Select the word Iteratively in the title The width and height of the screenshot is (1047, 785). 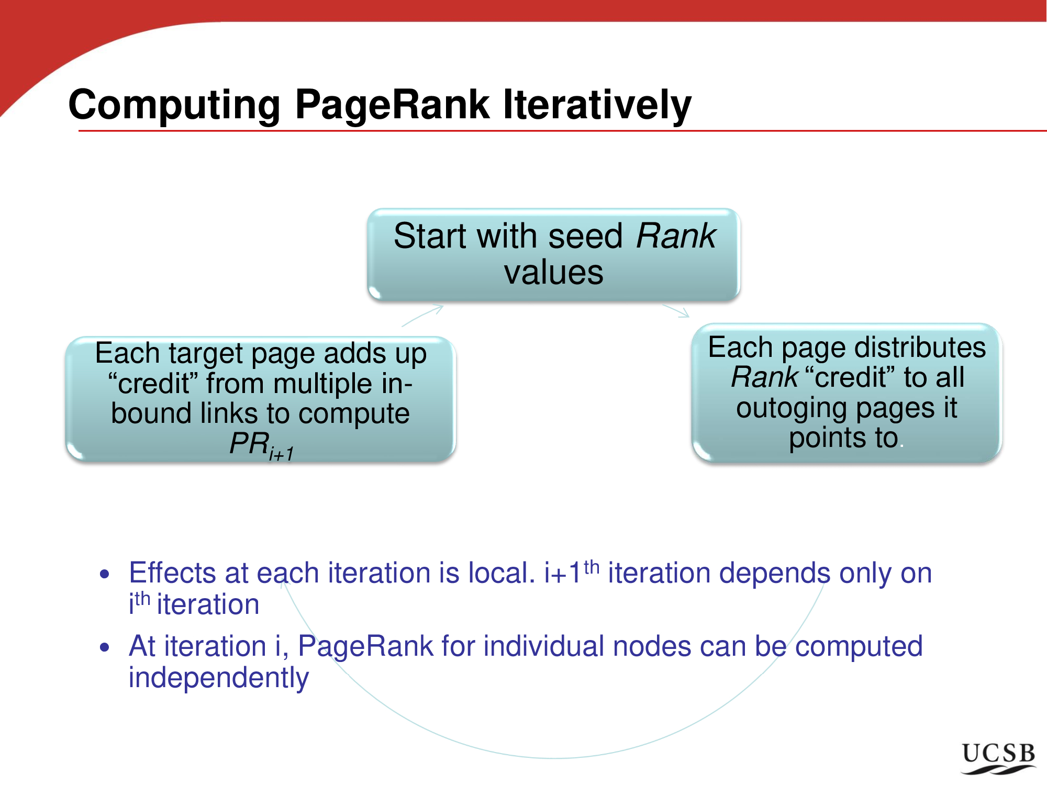pyautogui.click(x=597, y=105)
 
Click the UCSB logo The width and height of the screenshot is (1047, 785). pyautogui.click(x=999, y=758)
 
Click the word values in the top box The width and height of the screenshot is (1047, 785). pyautogui.click(x=553, y=272)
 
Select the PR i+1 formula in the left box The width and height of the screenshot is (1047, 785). pyautogui.click(x=262, y=445)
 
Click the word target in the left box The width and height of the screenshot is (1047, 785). pyautogui.click(x=206, y=353)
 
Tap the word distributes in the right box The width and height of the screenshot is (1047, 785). pyautogui.click(x=920, y=347)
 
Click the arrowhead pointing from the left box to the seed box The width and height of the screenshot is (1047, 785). pyautogui.click(x=437, y=309)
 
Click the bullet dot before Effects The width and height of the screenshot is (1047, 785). pyautogui.click(x=105, y=574)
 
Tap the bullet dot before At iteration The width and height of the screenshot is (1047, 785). pyautogui.click(x=105, y=647)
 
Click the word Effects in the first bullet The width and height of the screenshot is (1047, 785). pyautogui.click(x=173, y=573)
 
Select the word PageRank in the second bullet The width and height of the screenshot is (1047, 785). pyautogui.click(x=365, y=647)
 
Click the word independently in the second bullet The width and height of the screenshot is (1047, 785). pyautogui.click(x=219, y=678)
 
